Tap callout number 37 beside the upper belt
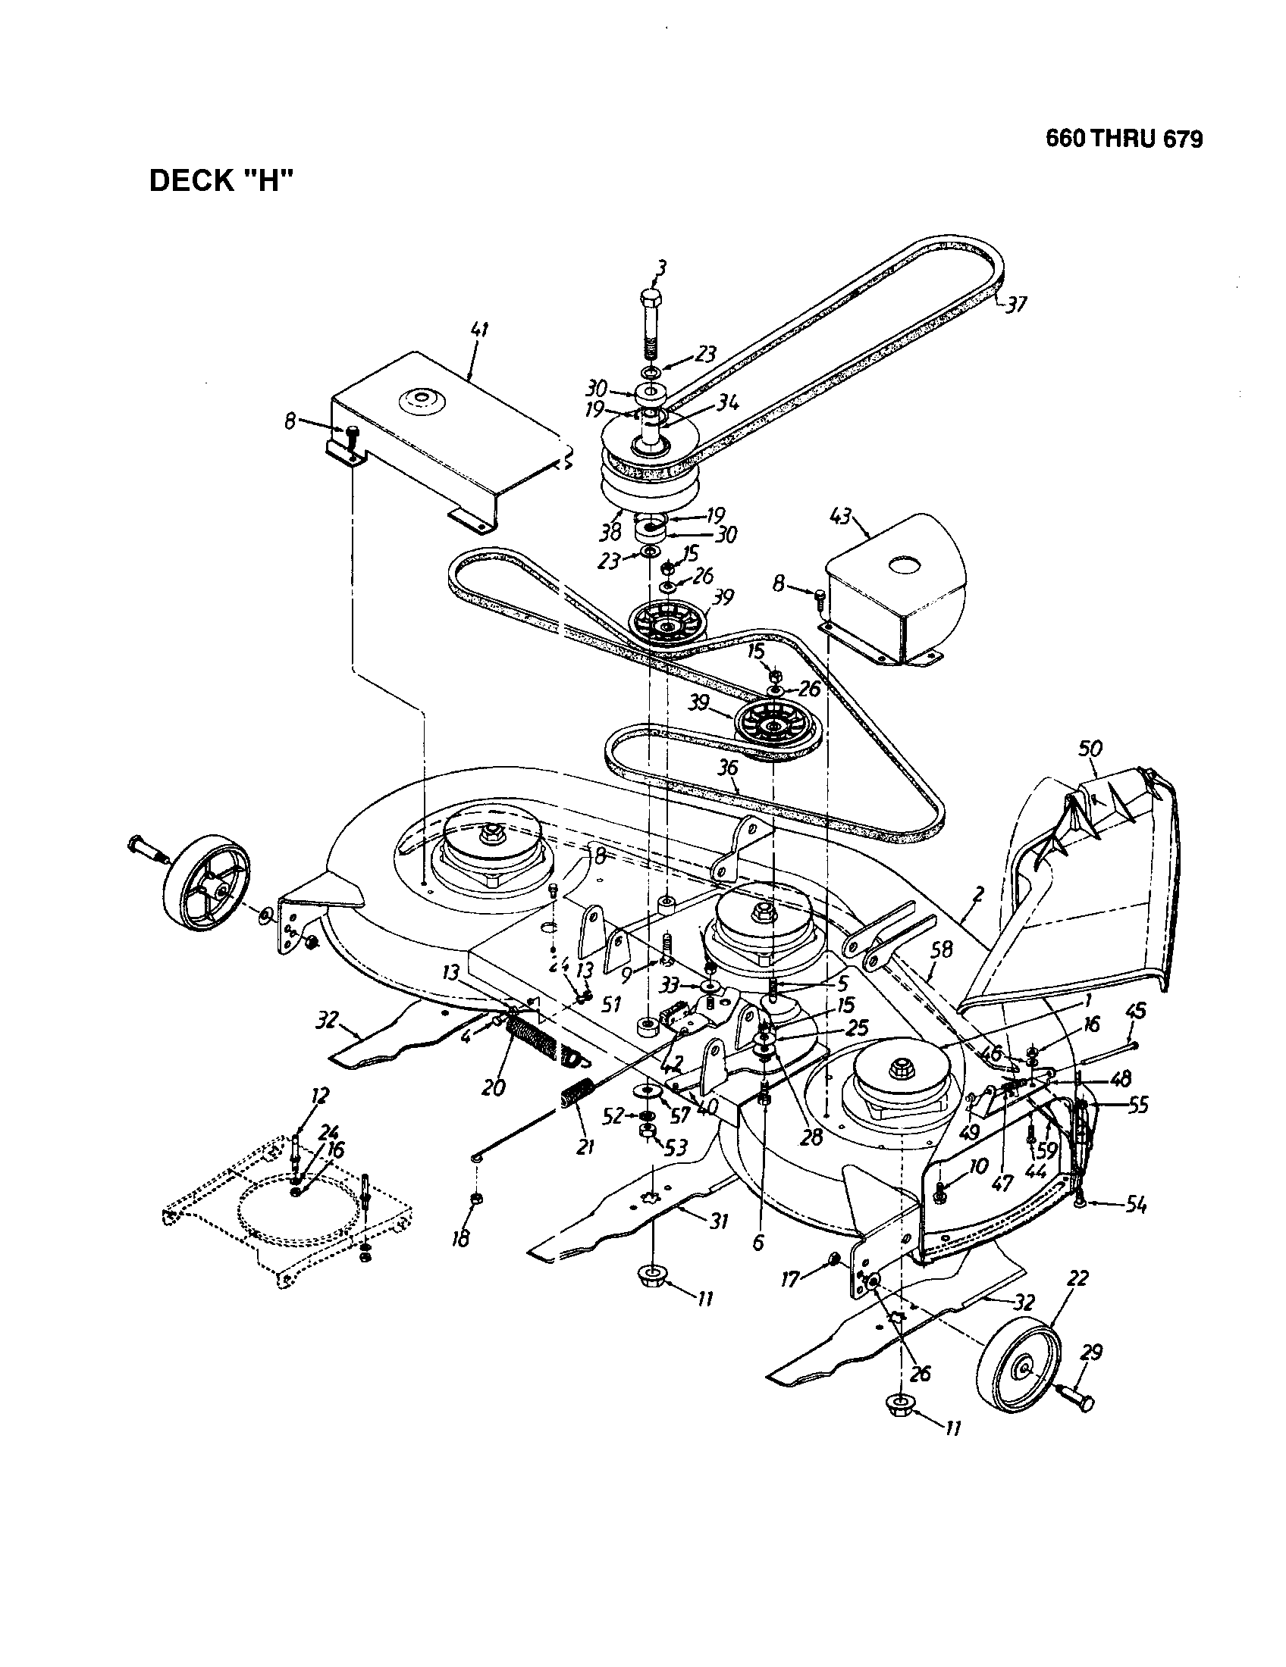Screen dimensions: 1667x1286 click(x=1015, y=305)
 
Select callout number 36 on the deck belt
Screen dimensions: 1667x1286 click(x=728, y=767)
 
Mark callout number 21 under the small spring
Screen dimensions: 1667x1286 click(x=585, y=1146)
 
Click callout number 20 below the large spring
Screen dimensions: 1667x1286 click(x=494, y=1087)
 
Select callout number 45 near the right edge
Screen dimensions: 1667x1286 click(x=1136, y=1011)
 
